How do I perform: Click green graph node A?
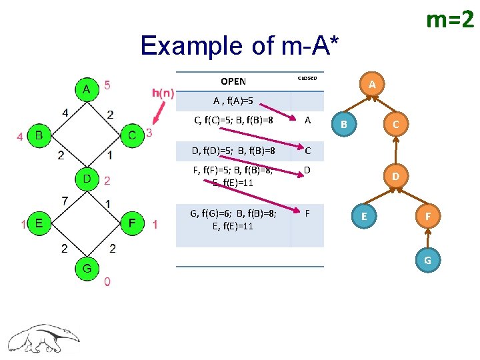coord(85,89)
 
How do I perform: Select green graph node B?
coord(39,136)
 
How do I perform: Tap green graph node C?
coord(133,136)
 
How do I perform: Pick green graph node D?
coord(87,179)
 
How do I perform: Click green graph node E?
coord(39,223)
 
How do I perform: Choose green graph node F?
coord(133,223)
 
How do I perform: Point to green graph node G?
coord(87,269)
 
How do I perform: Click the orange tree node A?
coord(373,84)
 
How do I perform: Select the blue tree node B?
coord(344,123)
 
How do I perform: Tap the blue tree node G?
coord(427,259)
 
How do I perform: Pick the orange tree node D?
coord(395,177)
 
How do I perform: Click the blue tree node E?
coord(363,216)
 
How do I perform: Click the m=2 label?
coord(449,21)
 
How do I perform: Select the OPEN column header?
coord(233,81)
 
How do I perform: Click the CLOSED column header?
coord(307,78)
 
